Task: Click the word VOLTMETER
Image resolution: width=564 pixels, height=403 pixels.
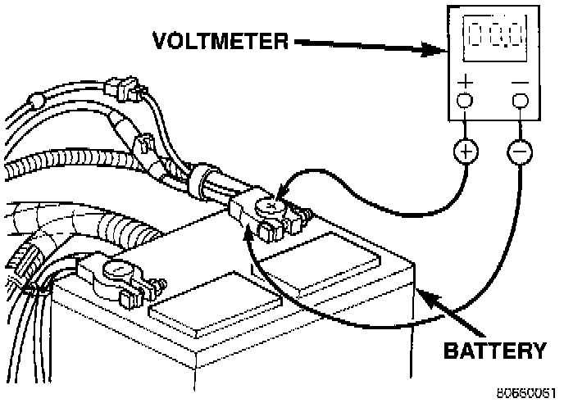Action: pos(221,41)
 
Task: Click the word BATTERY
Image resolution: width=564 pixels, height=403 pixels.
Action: pos(495,351)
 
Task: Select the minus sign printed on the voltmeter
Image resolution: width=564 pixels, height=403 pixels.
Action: pos(520,83)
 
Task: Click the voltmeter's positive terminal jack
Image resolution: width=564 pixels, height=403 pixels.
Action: pos(465,101)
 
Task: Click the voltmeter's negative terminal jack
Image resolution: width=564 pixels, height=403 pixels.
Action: pos(521,101)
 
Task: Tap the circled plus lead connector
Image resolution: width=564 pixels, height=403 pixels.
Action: pos(466,152)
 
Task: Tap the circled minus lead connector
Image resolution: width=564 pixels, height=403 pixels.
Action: pos(520,152)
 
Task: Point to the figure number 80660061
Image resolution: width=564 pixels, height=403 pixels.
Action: pos(526,393)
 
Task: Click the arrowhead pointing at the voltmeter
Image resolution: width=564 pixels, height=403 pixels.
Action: pos(434,50)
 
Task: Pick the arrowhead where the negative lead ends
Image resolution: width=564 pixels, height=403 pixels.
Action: pos(248,233)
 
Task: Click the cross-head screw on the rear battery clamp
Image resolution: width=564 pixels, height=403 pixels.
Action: pos(270,206)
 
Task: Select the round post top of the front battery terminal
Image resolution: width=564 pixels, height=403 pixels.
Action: pos(116,269)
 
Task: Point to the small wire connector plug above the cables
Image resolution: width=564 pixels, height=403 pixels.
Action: pos(122,88)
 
